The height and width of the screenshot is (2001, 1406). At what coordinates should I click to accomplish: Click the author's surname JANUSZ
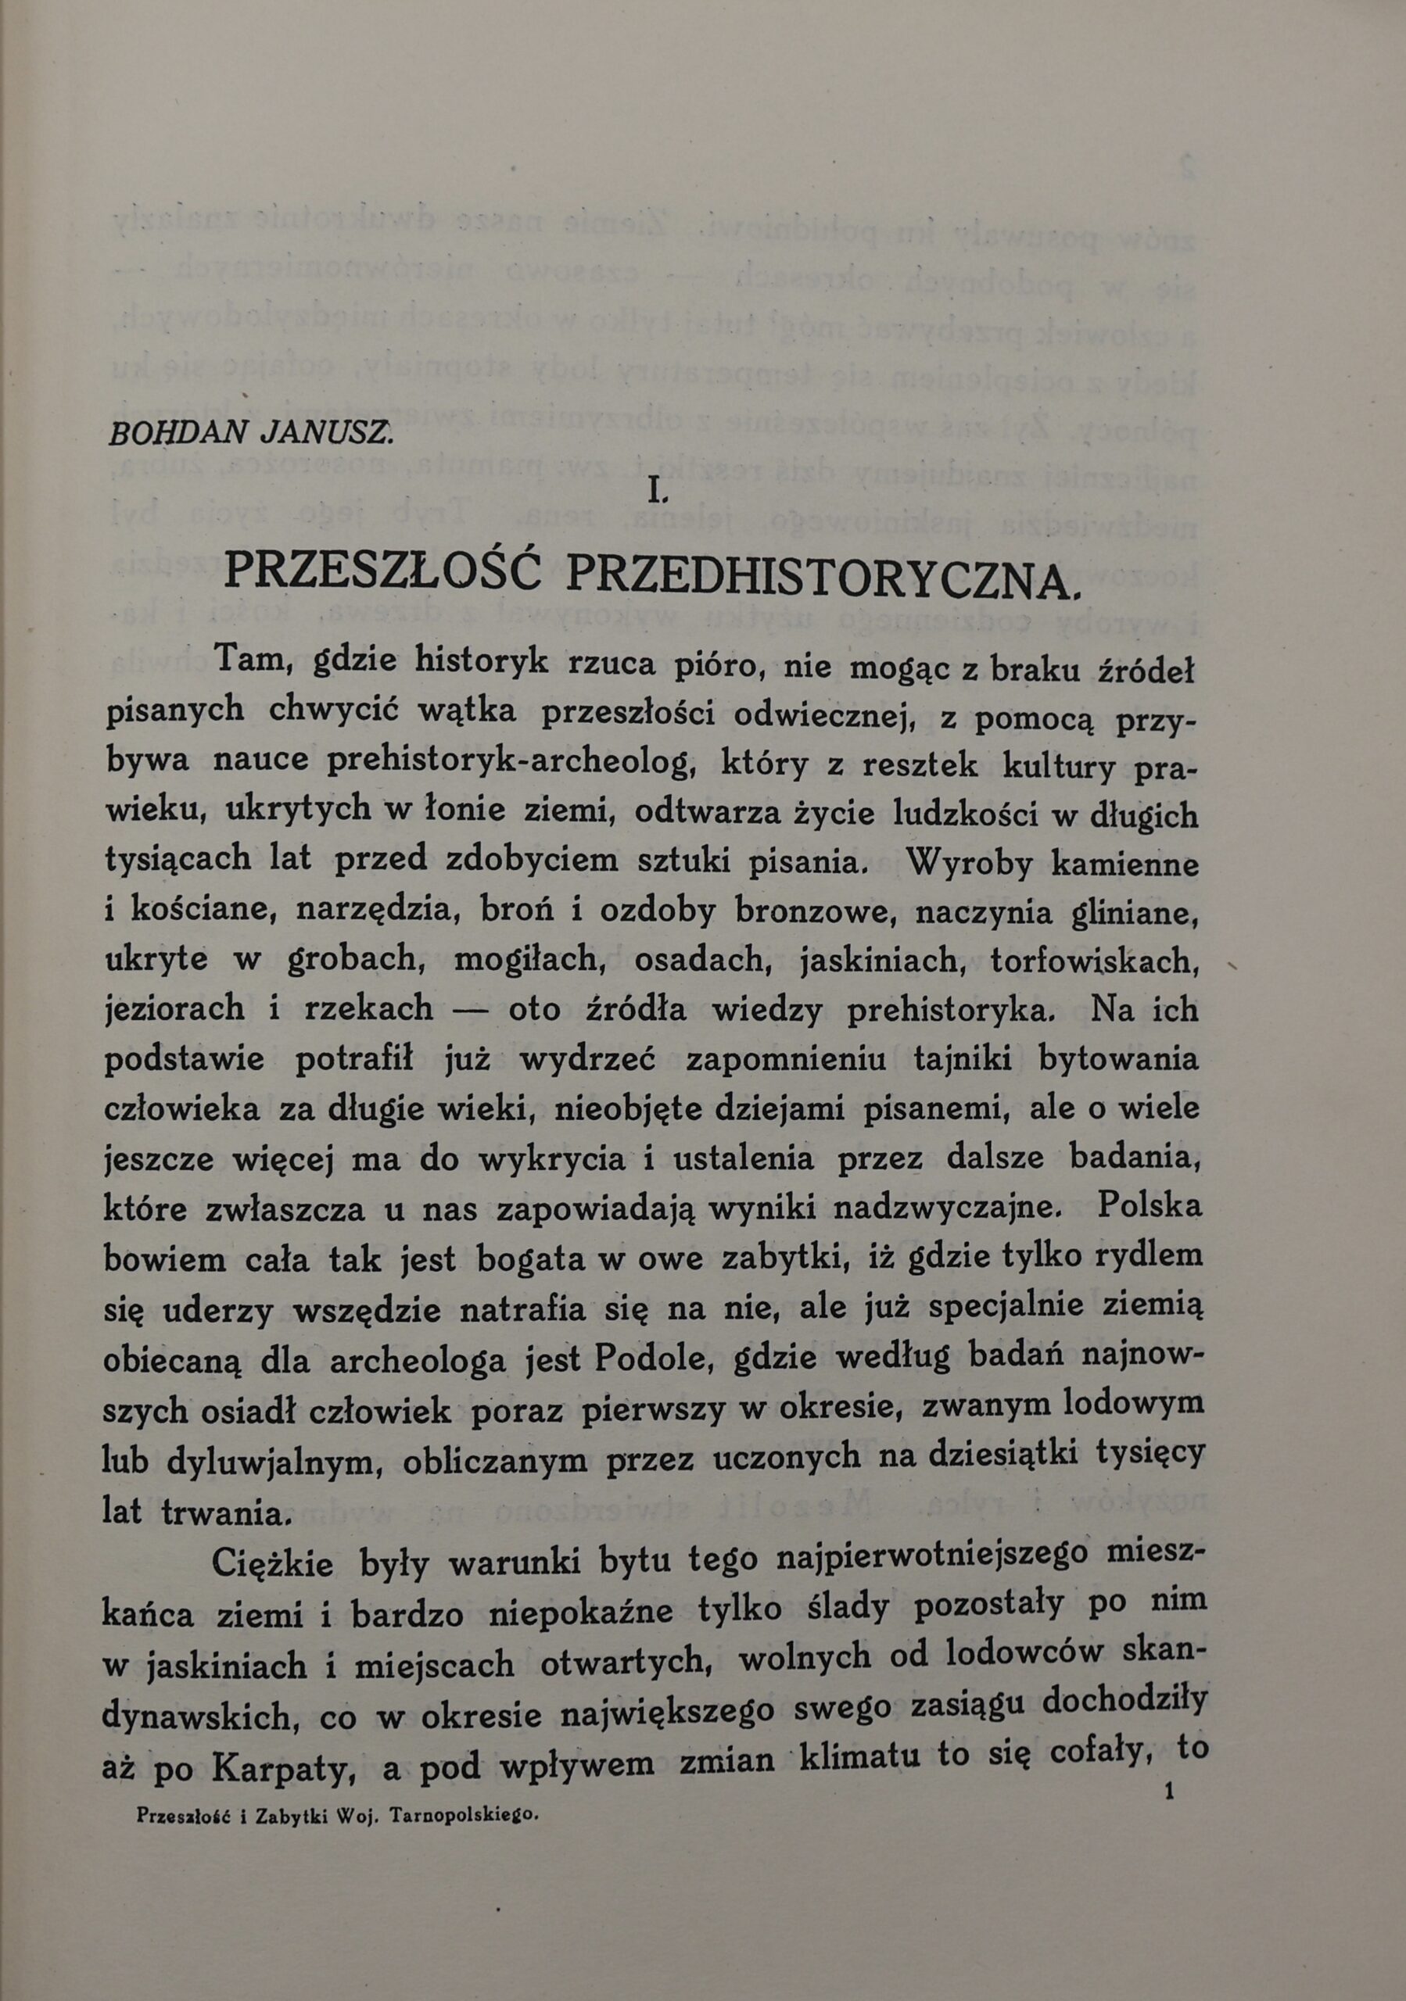click(327, 434)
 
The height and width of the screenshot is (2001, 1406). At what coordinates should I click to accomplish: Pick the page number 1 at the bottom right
click(1169, 1790)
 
